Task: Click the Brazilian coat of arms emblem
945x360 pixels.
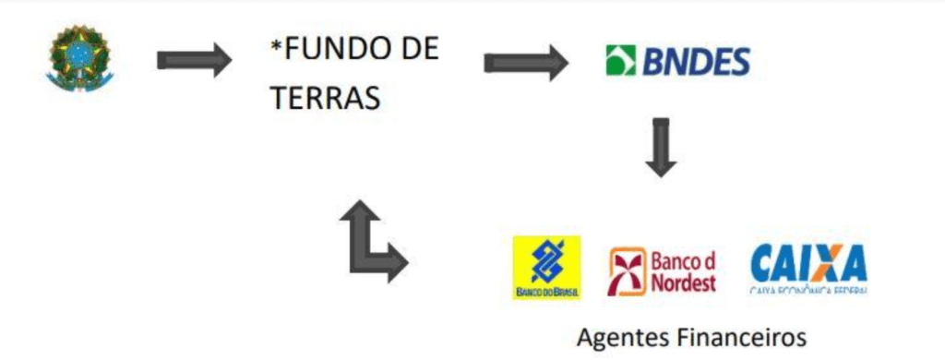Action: pyautogui.click(x=78, y=59)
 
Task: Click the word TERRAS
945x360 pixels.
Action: pyautogui.click(x=326, y=98)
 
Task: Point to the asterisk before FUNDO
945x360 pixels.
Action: pyautogui.click(x=276, y=46)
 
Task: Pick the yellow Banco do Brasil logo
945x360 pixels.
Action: pyautogui.click(x=546, y=268)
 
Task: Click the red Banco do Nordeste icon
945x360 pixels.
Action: pyautogui.click(x=628, y=270)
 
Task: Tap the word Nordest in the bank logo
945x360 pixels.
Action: pyautogui.click(x=683, y=282)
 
